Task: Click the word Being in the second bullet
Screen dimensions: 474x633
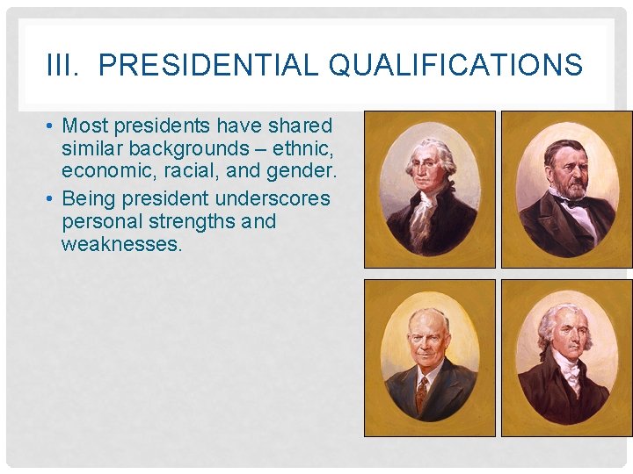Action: (88, 198)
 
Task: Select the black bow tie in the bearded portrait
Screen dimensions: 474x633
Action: (574, 203)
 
